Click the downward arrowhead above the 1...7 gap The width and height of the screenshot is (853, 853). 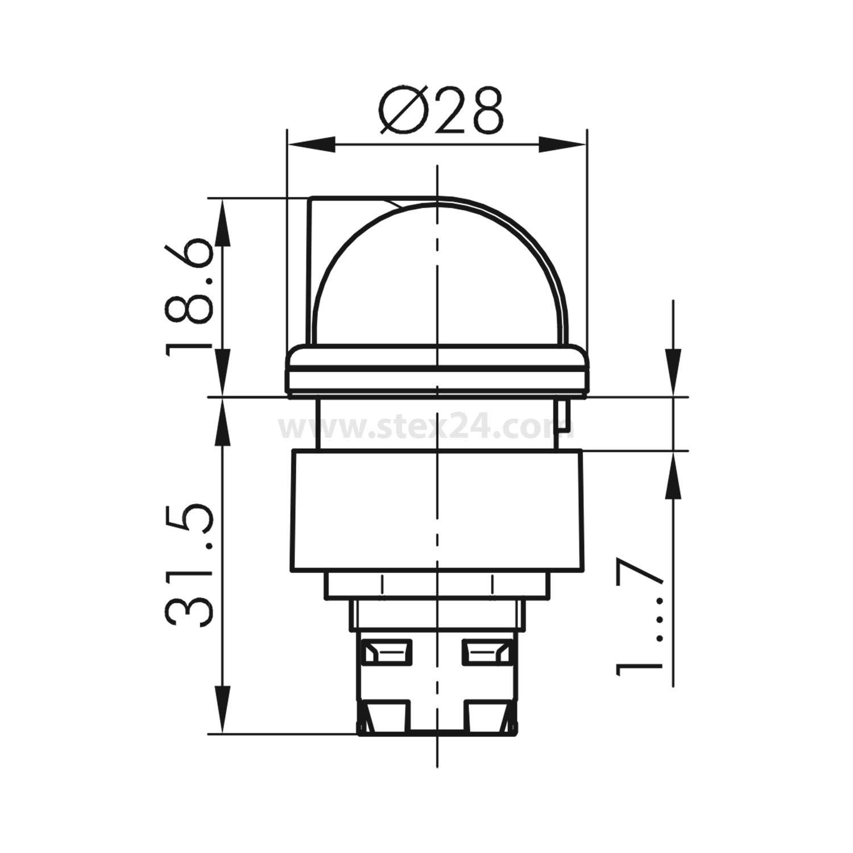tap(674, 370)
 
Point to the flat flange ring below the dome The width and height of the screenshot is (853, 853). tap(437, 370)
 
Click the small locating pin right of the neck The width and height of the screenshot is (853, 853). tap(564, 420)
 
